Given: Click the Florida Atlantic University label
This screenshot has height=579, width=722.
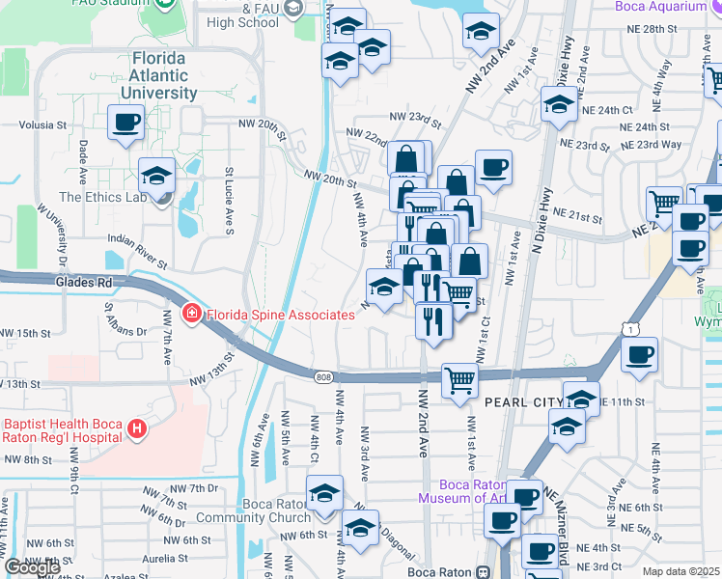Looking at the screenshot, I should point(165,75).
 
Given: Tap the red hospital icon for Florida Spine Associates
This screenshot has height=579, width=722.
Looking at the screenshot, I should point(192,315).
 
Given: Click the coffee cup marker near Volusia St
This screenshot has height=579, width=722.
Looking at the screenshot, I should point(126,123).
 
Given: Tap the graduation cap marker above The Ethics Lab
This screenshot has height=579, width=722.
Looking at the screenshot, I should point(156,177).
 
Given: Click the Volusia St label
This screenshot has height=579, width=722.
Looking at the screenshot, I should point(42,125).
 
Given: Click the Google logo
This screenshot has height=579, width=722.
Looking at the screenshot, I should point(31,568).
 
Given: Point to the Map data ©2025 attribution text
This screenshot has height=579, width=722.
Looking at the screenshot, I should point(681,571).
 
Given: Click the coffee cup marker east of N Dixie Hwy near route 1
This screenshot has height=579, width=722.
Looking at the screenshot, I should point(639,356).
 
